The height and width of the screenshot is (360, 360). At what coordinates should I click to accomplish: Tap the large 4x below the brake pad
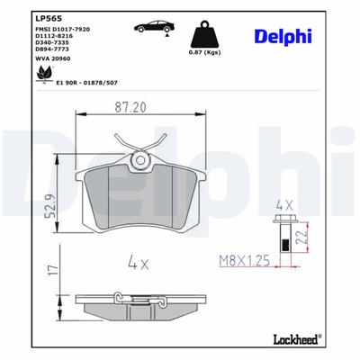point(138,265)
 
